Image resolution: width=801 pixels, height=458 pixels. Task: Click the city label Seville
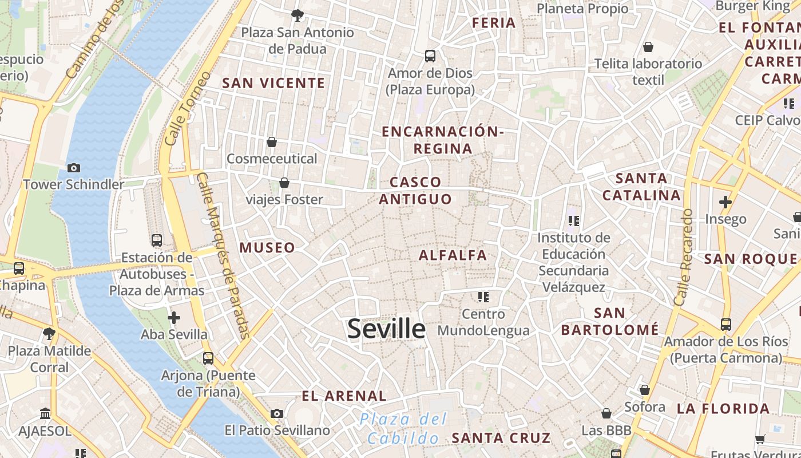386,329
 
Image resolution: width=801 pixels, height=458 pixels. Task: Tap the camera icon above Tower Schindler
73,168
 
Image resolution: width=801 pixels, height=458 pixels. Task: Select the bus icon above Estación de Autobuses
156,240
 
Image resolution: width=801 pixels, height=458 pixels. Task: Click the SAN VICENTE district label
273,83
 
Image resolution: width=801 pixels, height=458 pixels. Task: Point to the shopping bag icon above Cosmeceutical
272,141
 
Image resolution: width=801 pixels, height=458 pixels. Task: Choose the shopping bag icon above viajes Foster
284,183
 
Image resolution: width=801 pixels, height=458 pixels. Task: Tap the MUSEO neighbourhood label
267,248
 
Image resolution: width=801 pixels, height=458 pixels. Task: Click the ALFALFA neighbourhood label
453,255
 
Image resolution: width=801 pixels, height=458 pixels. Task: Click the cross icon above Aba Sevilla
174,317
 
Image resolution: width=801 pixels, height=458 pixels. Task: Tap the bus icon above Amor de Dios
430,56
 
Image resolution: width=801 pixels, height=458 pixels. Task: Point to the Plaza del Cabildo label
403,429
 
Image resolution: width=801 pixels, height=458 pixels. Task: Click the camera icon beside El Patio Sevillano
277,413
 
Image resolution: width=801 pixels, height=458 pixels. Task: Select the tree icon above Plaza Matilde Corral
49,333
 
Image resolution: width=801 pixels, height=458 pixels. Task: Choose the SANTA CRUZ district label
501,439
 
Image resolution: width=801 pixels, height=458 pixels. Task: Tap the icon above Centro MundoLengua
483,297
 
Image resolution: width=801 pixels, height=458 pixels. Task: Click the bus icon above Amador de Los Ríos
725,325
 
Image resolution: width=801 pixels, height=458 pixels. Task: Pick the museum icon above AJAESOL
45,413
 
